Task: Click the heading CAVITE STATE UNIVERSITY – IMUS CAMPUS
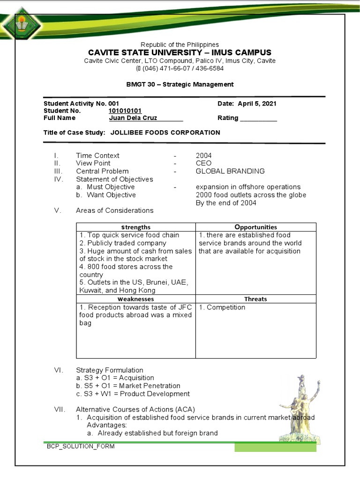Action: tap(180, 52)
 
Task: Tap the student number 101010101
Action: tap(125, 111)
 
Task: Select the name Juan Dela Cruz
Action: tap(133, 118)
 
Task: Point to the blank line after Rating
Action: tap(258, 119)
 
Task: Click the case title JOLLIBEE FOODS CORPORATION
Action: tap(165, 133)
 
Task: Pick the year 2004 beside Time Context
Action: tap(203, 156)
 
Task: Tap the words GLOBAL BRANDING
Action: tap(230, 171)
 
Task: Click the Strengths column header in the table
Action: tap(135, 227)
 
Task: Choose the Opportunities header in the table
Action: tap(255, 227)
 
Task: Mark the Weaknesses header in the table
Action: tap(135, 299)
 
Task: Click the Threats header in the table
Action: tap(255, 299)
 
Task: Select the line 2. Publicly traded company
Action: tap(123, 243)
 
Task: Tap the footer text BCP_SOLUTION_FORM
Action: tap(80, 446)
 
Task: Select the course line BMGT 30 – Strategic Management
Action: tap(180, 84)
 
